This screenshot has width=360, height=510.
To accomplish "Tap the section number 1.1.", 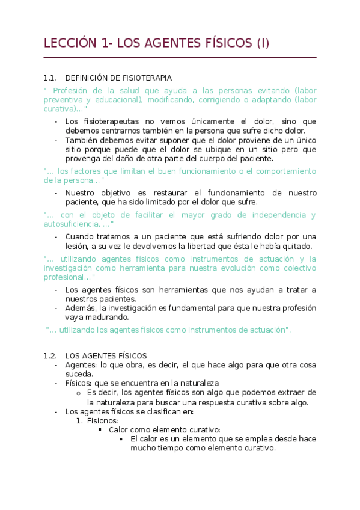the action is (50, 78).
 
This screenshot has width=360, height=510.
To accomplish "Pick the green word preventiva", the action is (64, 100).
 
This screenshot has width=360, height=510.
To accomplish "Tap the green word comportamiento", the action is (281, 171).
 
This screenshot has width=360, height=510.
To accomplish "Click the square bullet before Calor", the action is (101, 430).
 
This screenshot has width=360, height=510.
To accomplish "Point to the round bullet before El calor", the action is (123, 439).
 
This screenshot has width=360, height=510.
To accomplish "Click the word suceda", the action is (78, 373).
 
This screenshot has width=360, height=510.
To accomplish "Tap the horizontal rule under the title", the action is (180, 58).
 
